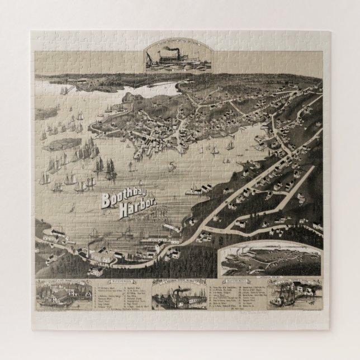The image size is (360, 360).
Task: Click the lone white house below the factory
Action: pyautogui.click(x=93, y=273)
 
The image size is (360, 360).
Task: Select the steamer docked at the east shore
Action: pyautogui.click(x=193, y=190)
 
